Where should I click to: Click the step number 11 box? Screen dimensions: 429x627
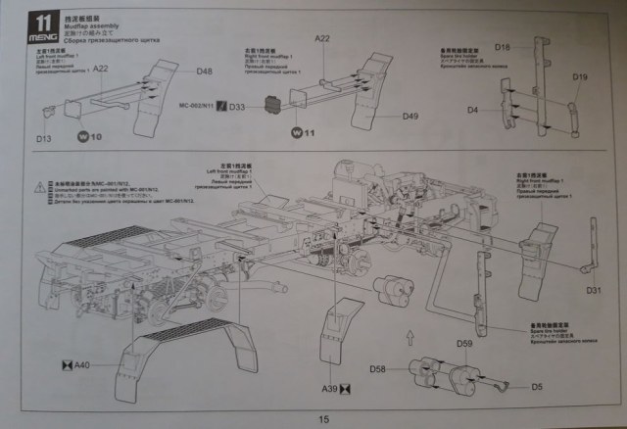(42, 22)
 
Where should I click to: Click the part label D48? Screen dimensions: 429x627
(204, 71)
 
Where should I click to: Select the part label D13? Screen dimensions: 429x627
(43, 138)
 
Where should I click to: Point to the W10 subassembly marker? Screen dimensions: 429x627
(89, 136)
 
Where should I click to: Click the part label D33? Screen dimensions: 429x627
(239, 105)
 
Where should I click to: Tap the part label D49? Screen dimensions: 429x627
(410, 118)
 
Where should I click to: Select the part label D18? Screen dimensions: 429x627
(503, 47)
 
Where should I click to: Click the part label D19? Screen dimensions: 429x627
(580, 76)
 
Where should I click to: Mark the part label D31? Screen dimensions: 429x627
(593, 290)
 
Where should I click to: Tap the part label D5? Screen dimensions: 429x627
(536, 387)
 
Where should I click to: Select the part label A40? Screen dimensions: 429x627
(80, 364)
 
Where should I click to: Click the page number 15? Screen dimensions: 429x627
(323, 419)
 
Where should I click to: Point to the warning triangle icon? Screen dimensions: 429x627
(36, 186)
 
